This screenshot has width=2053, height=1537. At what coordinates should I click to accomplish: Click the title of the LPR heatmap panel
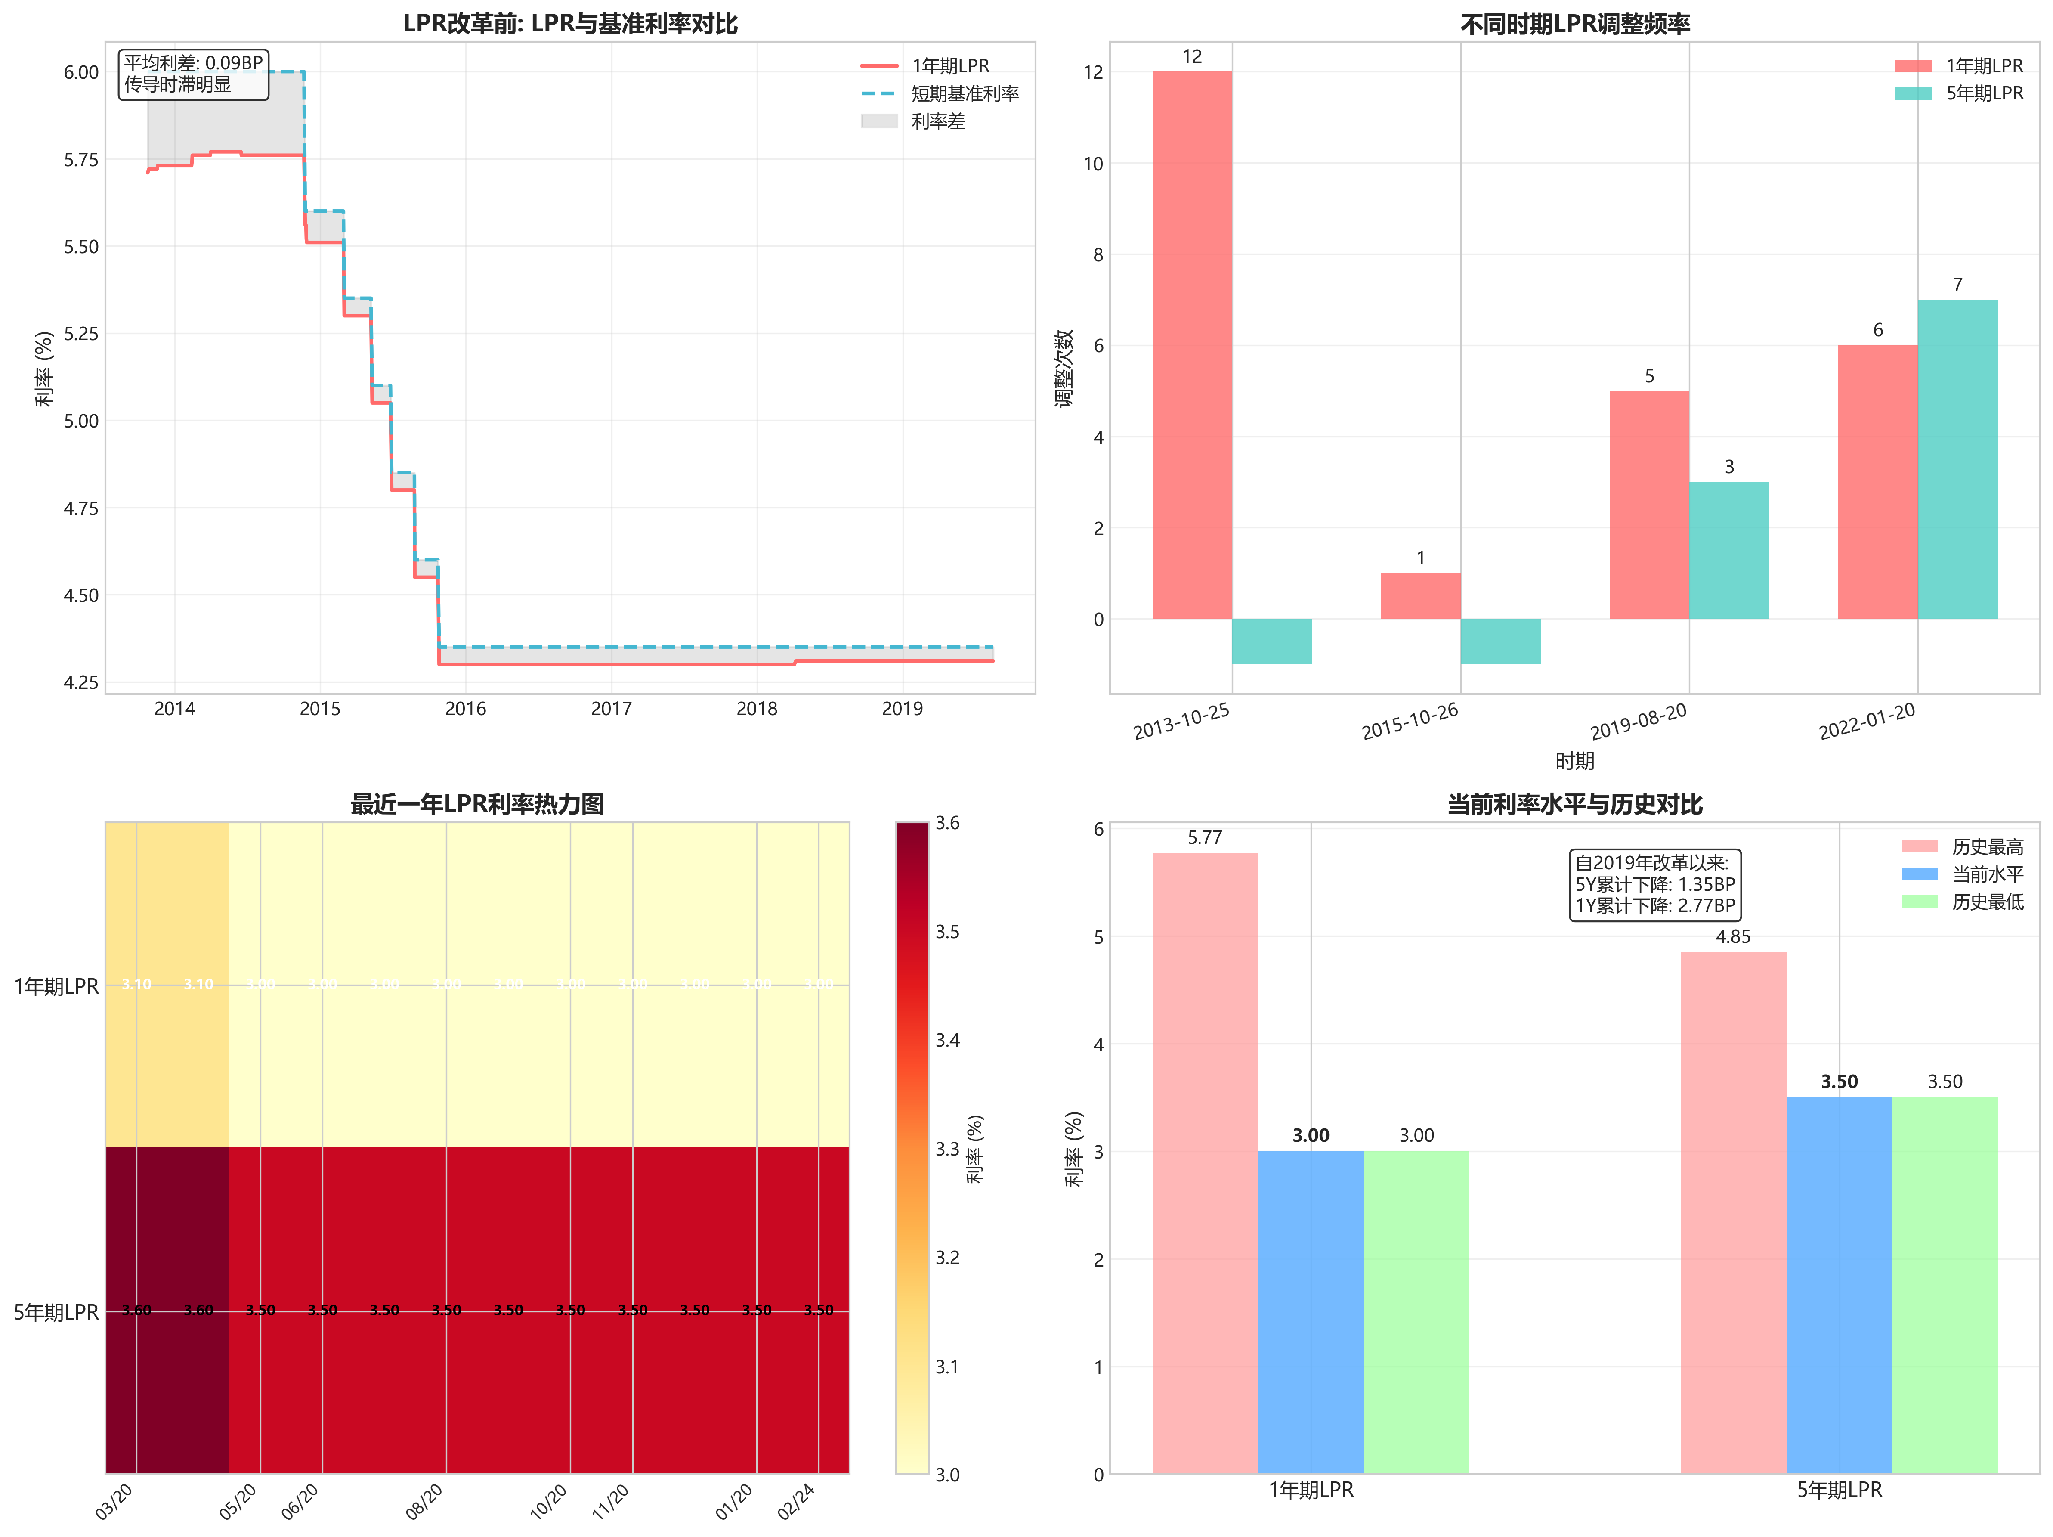[477, 804]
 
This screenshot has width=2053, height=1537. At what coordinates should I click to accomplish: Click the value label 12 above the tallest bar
[1192, 57]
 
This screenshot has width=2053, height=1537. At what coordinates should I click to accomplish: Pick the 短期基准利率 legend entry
[965, 94]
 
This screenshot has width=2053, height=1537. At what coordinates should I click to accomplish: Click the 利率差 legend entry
[937, 121]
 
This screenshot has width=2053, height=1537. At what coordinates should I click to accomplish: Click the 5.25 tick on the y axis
[81, 333]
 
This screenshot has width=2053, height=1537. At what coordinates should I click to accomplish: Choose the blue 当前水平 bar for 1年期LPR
[1311, 1311]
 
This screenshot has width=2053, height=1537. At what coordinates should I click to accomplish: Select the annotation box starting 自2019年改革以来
[1654, 884]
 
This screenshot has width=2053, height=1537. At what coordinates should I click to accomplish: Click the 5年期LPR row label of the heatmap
[56, 1311]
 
